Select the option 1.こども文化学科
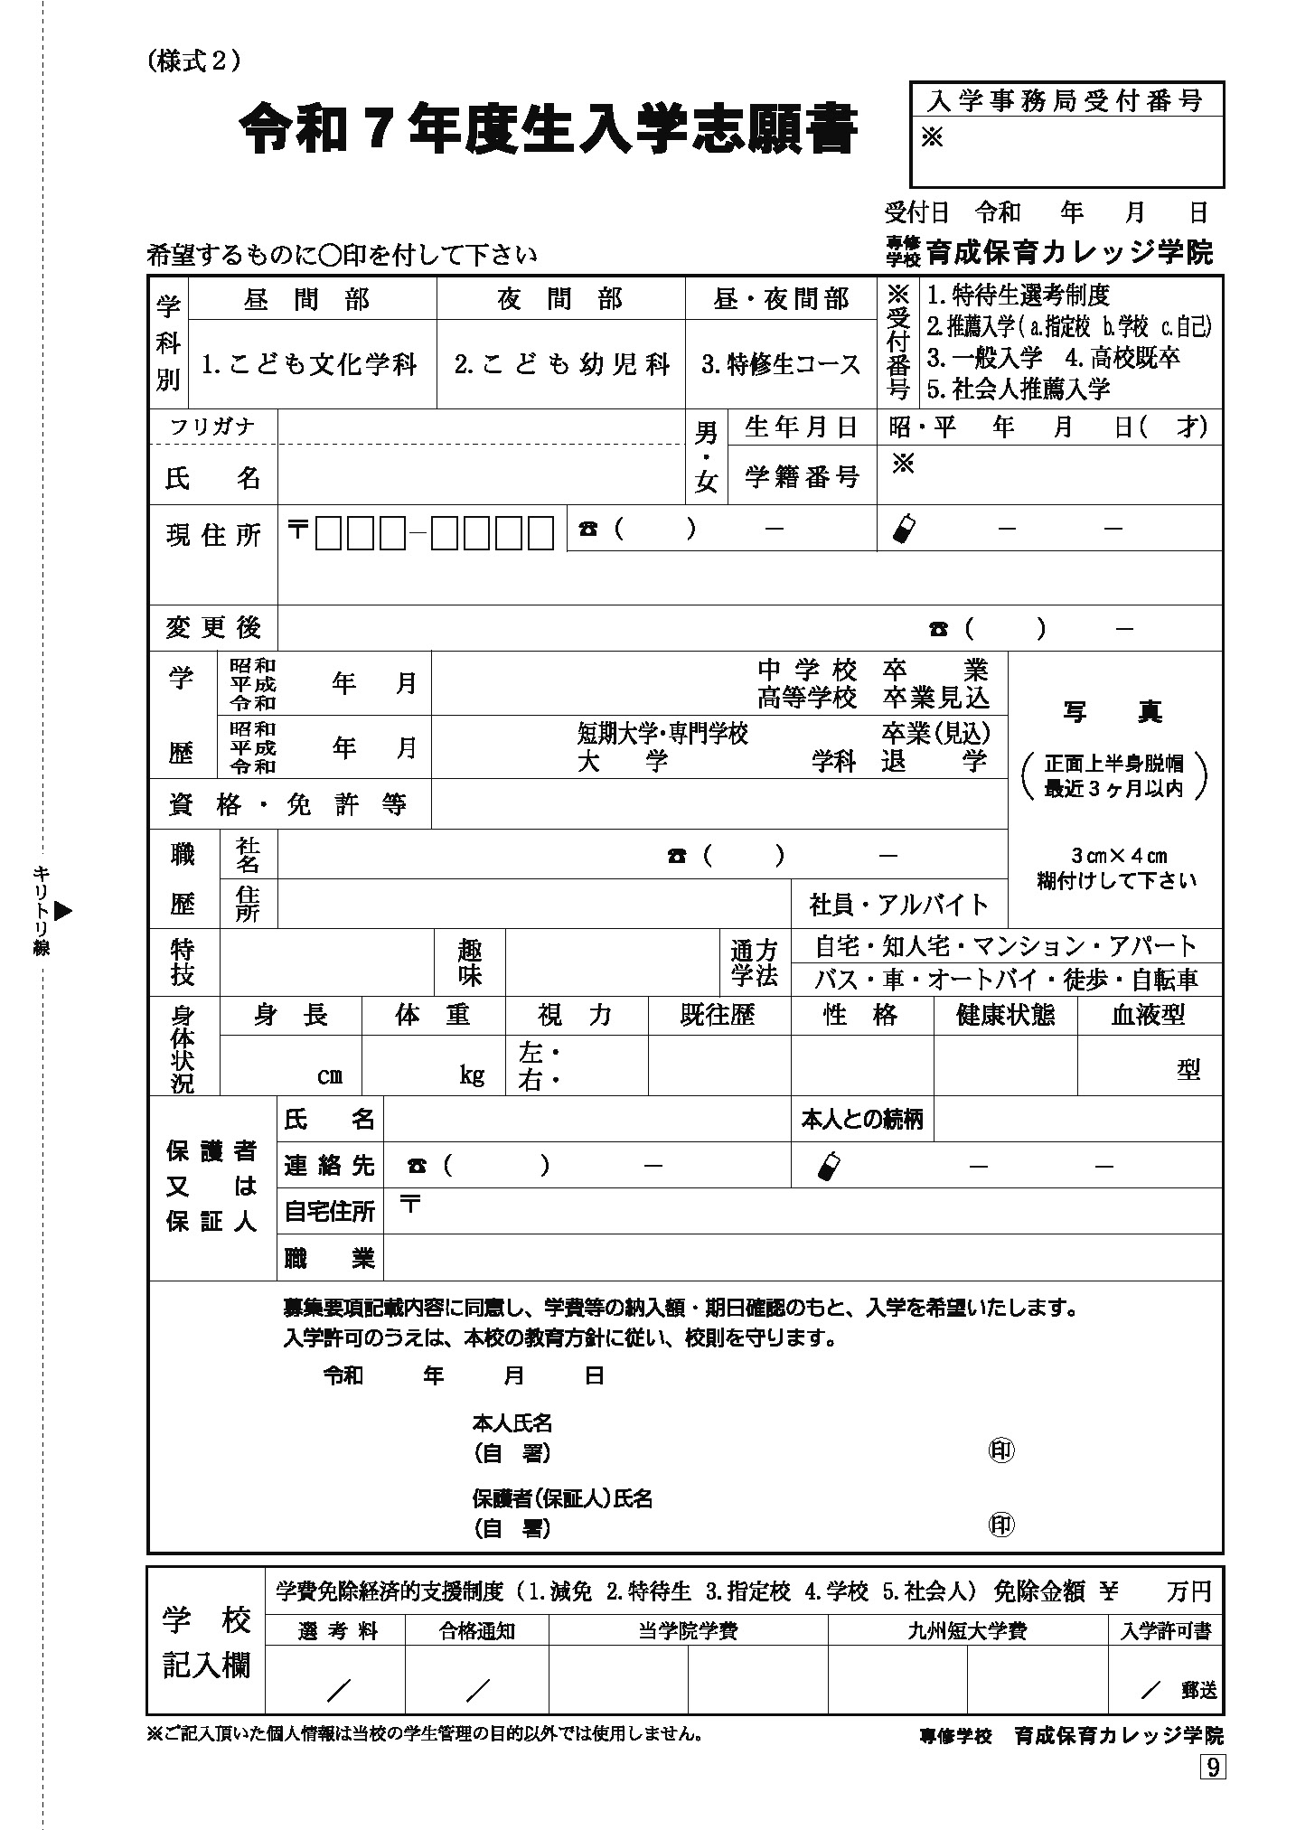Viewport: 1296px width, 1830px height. click(309, 364)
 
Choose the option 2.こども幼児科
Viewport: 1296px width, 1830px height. click(561, 364)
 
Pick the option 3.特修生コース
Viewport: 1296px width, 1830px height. click(781, 364)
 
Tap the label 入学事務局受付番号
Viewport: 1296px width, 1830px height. click(1066, 101)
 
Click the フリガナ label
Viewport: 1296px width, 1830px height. click(213, 427)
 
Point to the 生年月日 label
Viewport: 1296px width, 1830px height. click(800, 427)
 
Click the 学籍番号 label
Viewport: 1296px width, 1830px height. click(800, 477)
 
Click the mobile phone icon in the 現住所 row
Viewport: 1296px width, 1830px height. click(903, 529)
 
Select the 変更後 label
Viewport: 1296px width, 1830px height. click(213, 627)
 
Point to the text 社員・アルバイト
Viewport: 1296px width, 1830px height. click(898, 904)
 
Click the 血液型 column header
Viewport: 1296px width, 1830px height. click(1148, 1015)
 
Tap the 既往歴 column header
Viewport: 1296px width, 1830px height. click(718, 1015)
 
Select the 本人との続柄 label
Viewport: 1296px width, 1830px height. click(861, 1120)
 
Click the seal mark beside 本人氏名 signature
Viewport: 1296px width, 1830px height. click(1001, 1451)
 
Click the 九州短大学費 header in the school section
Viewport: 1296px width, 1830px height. click(967, 1631)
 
